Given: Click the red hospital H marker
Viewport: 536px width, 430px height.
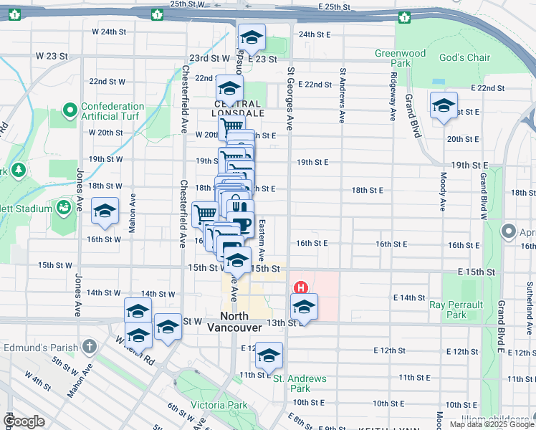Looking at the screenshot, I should tap(302, 288).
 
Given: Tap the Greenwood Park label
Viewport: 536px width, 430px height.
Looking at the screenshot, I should tap(401, 58).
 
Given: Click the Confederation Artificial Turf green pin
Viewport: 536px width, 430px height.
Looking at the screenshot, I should tap(70, 111).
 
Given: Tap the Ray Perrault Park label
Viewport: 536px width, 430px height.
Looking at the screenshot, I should tap(457, 310).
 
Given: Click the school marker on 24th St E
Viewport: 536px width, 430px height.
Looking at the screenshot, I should tap(252, 37).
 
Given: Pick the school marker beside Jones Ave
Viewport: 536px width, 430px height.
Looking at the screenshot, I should tap(105, 211).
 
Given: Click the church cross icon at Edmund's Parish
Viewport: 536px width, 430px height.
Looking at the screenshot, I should tap(89, 348).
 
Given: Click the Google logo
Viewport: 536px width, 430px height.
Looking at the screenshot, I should tap(24, 421).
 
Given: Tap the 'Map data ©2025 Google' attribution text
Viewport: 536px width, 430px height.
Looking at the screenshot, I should tap(491, 424).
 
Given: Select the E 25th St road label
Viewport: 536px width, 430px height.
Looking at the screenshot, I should tap(332, 6).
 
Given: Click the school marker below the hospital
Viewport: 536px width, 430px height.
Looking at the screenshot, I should tap(304, 307).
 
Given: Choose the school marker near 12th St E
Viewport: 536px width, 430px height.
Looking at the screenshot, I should tap(269, 355).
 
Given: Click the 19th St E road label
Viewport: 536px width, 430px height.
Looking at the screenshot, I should tap(312, 162).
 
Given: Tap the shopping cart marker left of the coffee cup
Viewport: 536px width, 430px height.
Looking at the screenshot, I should tap(206, 213).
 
